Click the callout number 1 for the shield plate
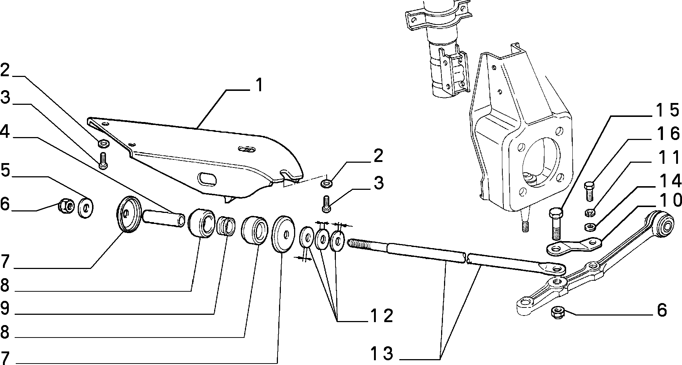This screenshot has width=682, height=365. click(259, 85)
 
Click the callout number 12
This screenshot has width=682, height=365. click(381, 316)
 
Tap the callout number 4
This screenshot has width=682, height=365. click(5, 132)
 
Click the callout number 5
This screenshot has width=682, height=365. click(5, 170)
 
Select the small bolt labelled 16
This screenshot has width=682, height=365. click(588, 191)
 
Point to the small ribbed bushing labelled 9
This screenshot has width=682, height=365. click(226, 225)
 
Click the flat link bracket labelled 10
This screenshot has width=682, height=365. click(573, 246)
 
